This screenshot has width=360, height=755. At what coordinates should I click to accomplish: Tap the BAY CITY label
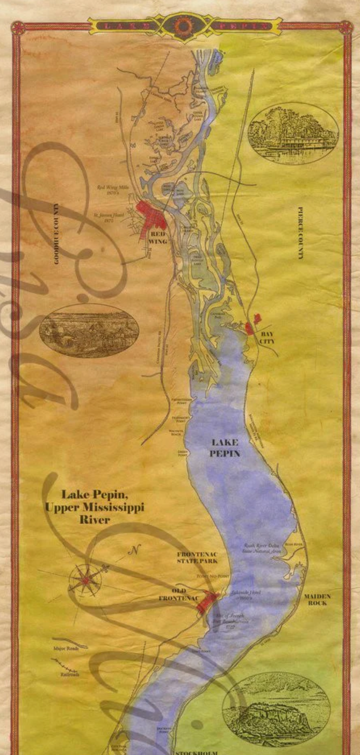(267, 337)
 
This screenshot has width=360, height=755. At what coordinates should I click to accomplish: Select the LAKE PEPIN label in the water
(225, 448)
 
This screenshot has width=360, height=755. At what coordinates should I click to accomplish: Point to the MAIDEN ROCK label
(317, 599)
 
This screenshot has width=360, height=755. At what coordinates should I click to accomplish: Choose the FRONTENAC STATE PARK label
(198, 557)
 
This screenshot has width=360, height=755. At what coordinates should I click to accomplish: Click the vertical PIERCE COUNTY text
(300, 233)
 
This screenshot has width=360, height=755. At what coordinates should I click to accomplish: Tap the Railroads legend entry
(69, 674)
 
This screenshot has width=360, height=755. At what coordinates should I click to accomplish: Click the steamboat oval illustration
(293, 134)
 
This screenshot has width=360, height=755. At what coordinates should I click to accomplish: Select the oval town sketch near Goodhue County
(89, 330)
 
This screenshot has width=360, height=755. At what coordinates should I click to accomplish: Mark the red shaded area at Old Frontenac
(206, 602)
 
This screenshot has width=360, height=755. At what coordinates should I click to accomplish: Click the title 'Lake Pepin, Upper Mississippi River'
(95, 506)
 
